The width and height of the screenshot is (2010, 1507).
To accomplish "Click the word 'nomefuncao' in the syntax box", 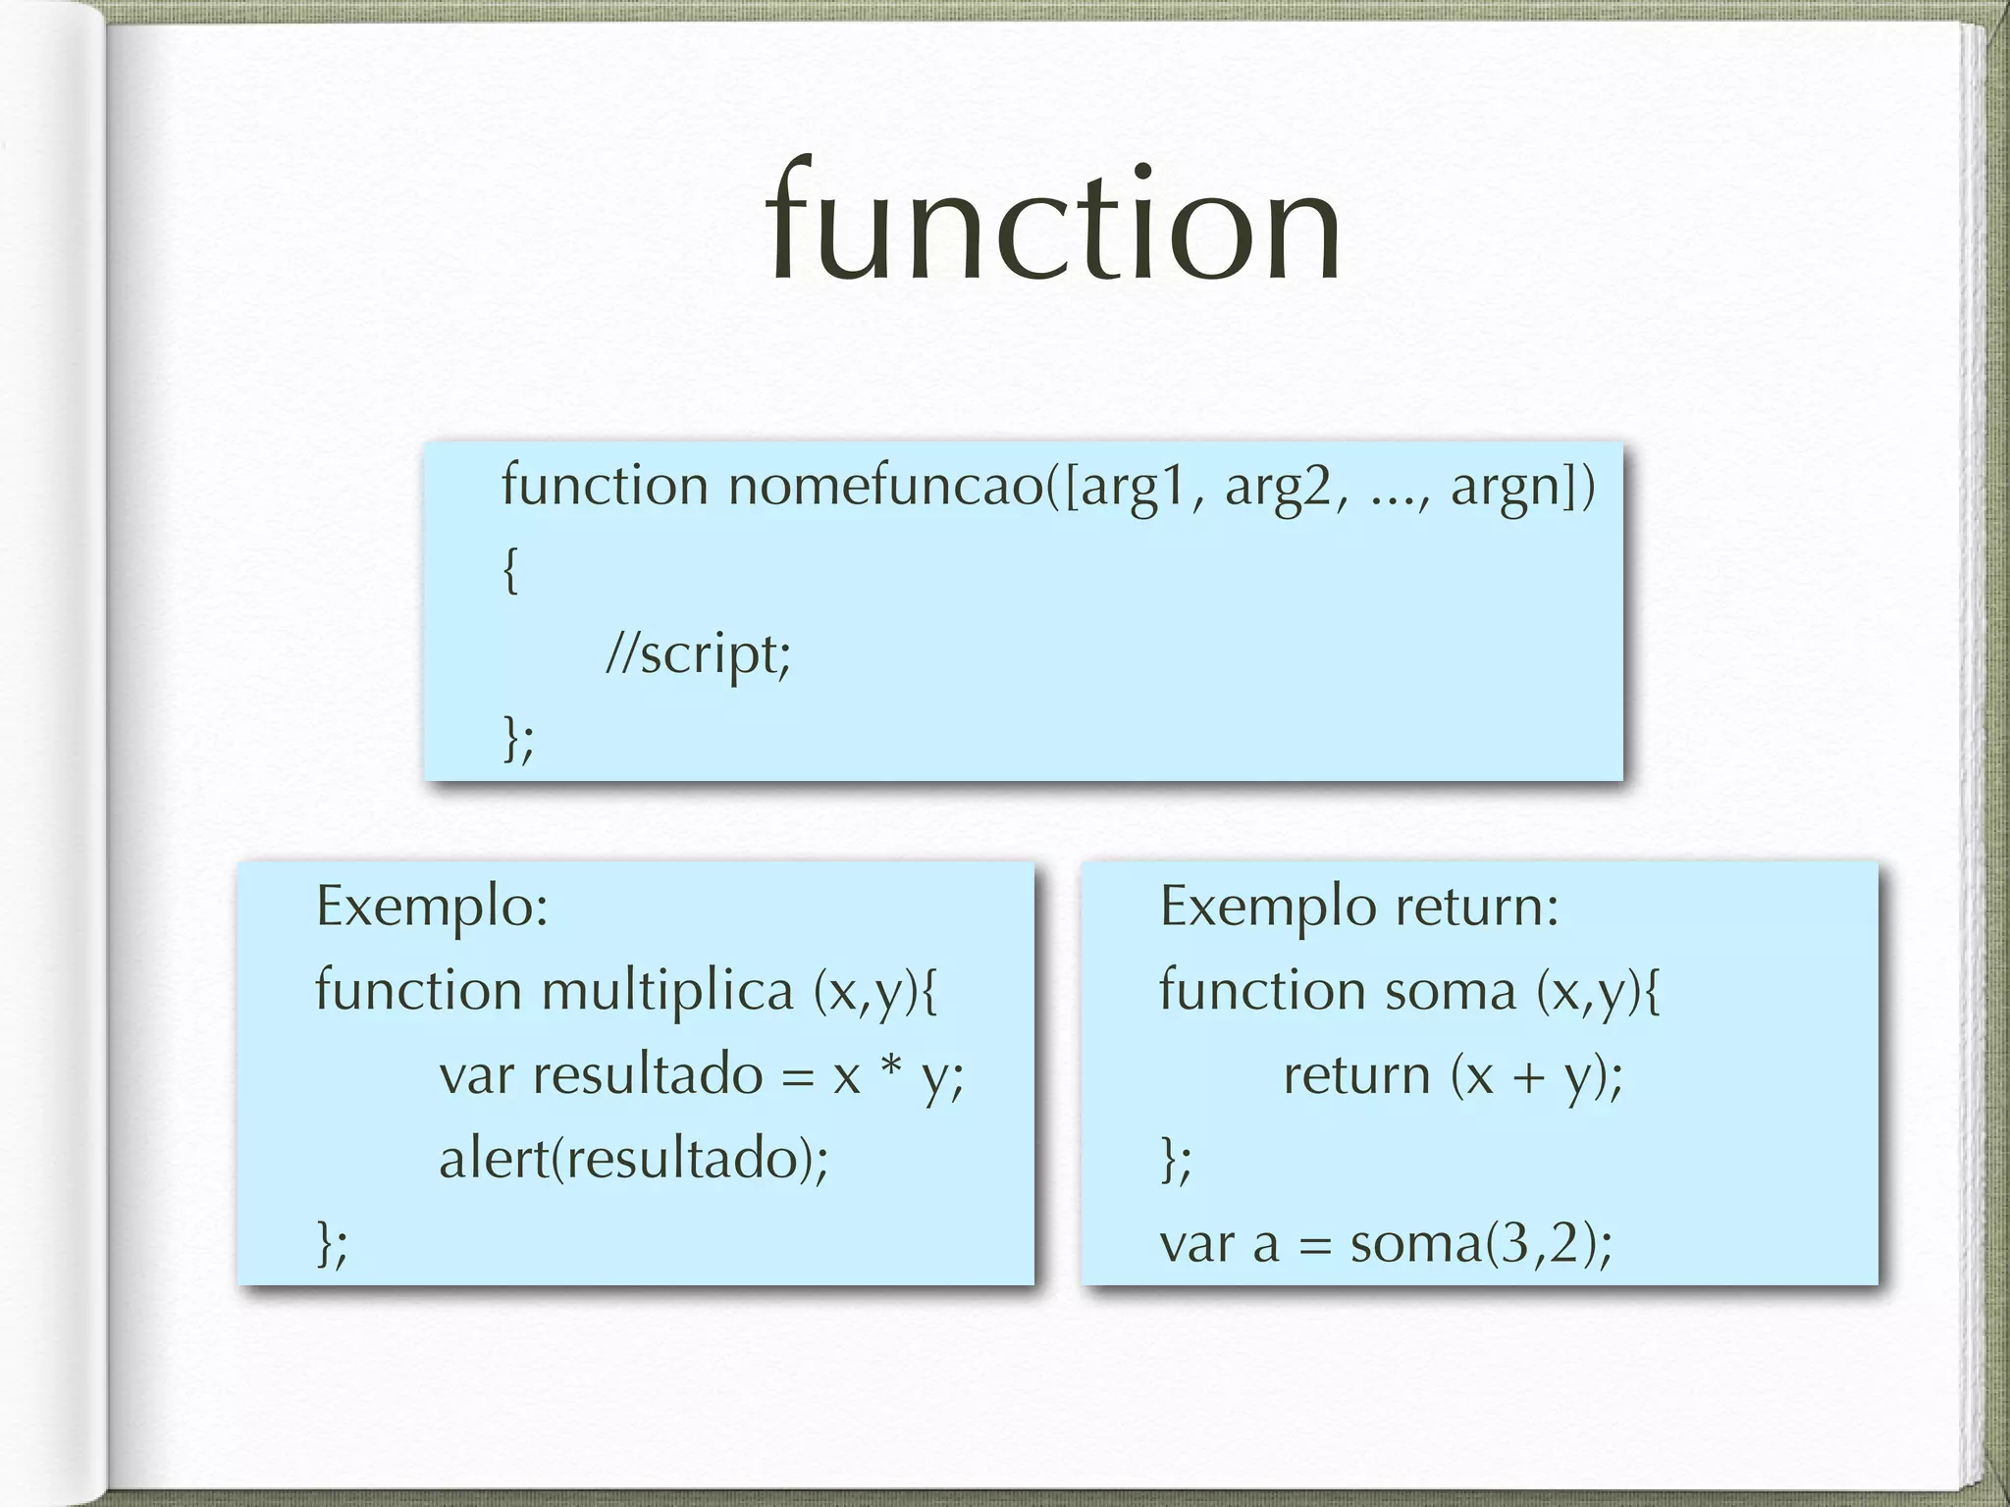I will (885, 486).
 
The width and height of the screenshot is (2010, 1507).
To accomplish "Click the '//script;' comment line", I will (698, 653).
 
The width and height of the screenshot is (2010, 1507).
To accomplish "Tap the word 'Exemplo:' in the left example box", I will (432, 907).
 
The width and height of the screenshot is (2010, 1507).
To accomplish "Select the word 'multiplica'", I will (667, 991).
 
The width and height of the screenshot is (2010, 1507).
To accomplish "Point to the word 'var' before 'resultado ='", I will (476, 1075).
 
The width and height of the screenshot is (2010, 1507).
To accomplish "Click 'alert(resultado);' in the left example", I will (633, 1160).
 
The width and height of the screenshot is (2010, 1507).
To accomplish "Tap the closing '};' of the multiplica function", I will (332, 1244).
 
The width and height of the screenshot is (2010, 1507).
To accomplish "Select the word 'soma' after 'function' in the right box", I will (1450, 991).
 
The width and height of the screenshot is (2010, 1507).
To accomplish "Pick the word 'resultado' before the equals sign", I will (648, 1074).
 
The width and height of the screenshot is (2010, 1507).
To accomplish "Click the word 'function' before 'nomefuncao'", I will (605, 486).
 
